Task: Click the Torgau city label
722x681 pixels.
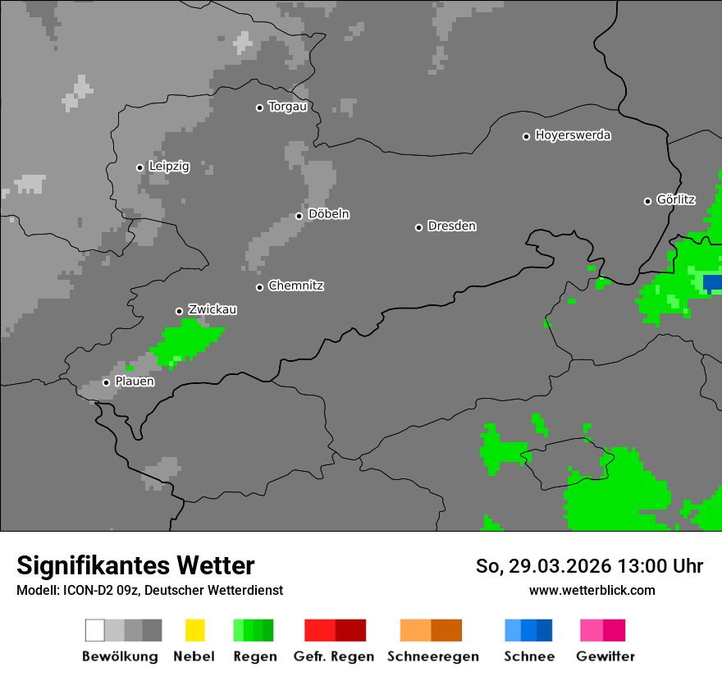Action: [x=287, y=107]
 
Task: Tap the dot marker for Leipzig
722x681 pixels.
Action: [x=139, y=167]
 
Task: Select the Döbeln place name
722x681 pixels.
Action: [x=328, y=214]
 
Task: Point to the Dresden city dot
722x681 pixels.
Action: [x=418, y=227]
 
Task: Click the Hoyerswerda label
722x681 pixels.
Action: [x=573, y=135]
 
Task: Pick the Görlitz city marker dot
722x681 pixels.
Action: [x=647, y=201]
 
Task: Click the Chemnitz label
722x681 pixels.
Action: [x=295, y=286]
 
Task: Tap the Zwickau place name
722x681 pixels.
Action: [x=212, y=309]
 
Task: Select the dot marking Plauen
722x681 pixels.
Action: [x=106, y=382]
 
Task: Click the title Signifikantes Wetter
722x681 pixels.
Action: [x=135, y=565]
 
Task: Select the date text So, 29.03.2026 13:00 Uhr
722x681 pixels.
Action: [x=589, y=566]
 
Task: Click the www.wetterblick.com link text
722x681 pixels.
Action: [x=592, y=590]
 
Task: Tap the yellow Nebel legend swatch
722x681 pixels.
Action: [x=194, y=630]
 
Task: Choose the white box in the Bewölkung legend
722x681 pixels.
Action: [x=94, y=630]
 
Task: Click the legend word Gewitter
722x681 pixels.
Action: [x=605, y=656]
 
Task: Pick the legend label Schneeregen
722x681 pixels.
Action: [x=432, y=656]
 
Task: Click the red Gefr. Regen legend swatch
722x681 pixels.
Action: [x=320, y=630]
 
